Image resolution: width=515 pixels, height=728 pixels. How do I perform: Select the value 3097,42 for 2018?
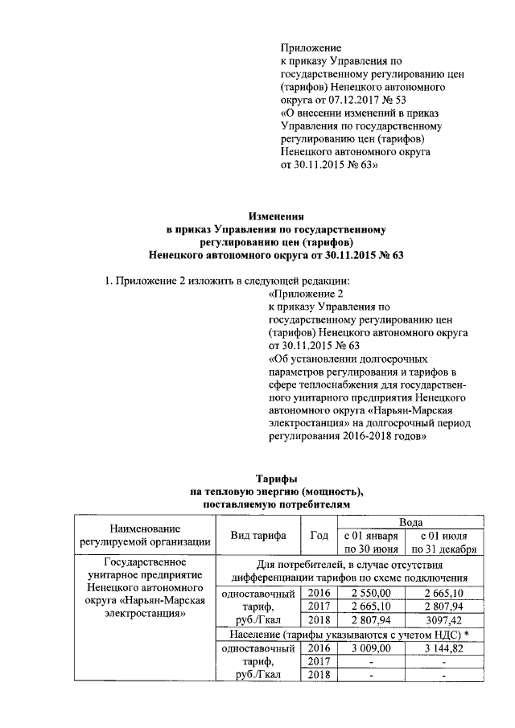click(444, 619)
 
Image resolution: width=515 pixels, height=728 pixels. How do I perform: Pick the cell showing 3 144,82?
click(444, 647)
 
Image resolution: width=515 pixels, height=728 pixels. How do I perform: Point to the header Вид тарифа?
click(260, 536)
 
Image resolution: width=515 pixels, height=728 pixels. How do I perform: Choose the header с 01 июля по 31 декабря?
click(444, 543)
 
